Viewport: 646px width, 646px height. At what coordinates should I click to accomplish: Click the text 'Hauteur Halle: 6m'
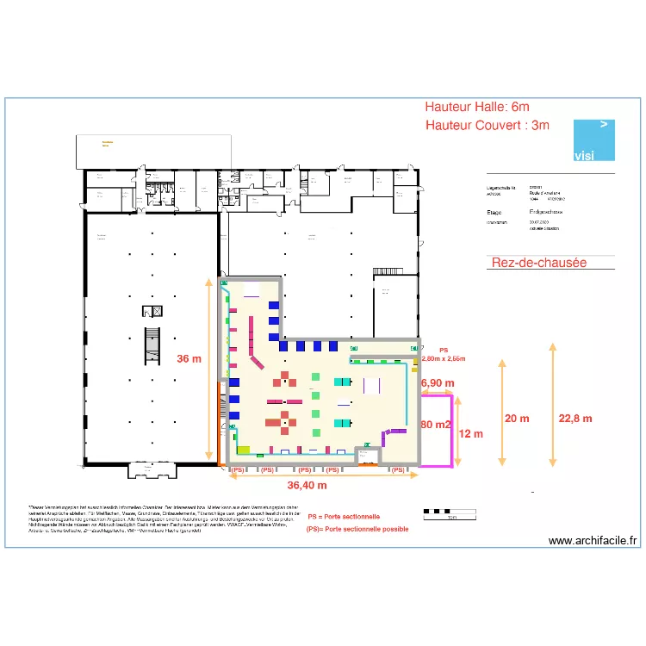477,107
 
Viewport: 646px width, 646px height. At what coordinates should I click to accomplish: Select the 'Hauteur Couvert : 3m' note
488,126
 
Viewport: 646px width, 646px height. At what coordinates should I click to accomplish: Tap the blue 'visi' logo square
594,140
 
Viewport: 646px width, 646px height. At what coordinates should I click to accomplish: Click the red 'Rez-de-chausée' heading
538,262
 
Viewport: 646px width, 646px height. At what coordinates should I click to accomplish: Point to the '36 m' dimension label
189,359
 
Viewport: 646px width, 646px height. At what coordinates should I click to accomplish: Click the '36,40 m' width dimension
307,485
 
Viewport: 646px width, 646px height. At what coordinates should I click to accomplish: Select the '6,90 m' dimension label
437,382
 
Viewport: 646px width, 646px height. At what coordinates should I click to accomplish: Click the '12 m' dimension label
471,433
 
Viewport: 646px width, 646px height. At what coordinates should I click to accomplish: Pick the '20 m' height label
518,418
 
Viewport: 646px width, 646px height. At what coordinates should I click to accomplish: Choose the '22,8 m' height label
575,418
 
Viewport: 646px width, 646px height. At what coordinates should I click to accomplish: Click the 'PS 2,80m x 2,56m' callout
444,354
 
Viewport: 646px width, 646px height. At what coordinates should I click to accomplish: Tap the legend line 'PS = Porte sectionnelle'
344,517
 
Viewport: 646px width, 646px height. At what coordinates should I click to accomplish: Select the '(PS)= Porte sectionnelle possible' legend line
357,529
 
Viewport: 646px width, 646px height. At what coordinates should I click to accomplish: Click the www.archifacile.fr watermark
593,541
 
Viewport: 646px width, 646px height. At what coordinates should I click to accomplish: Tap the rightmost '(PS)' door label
398,470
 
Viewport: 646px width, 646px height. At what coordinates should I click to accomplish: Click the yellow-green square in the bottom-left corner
243,450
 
